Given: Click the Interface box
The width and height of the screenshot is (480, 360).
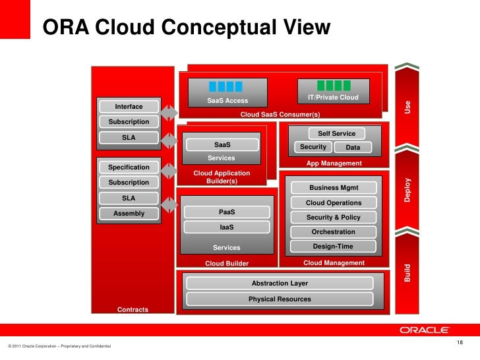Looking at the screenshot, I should [129, 107].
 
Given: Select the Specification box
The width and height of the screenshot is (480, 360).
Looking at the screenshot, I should [129, 167].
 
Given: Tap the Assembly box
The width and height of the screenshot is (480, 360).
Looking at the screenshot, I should [129, 213].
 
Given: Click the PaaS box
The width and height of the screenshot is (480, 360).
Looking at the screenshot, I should [226, 212].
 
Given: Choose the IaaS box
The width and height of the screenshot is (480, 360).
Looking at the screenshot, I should [226, 227].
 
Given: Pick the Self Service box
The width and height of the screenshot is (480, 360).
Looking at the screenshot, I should [336, 133].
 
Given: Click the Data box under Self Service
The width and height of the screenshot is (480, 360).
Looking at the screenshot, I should [353, 148].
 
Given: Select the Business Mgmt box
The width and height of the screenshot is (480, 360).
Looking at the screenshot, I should [333, 188].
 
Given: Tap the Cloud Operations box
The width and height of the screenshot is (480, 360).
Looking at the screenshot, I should [333, 203].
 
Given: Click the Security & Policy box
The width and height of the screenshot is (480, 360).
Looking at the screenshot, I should [333, 218].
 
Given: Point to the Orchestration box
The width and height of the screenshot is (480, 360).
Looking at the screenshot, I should [333, 232].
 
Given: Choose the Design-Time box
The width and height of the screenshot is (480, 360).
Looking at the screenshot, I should [333, 247].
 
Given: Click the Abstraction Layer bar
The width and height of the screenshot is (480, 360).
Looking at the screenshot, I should [280, 284].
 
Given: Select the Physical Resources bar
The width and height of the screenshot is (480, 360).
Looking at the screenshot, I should [280, 299].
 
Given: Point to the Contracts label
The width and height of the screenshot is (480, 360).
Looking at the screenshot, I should [133, 310].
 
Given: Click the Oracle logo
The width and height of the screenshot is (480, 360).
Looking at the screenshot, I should [424, 330].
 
